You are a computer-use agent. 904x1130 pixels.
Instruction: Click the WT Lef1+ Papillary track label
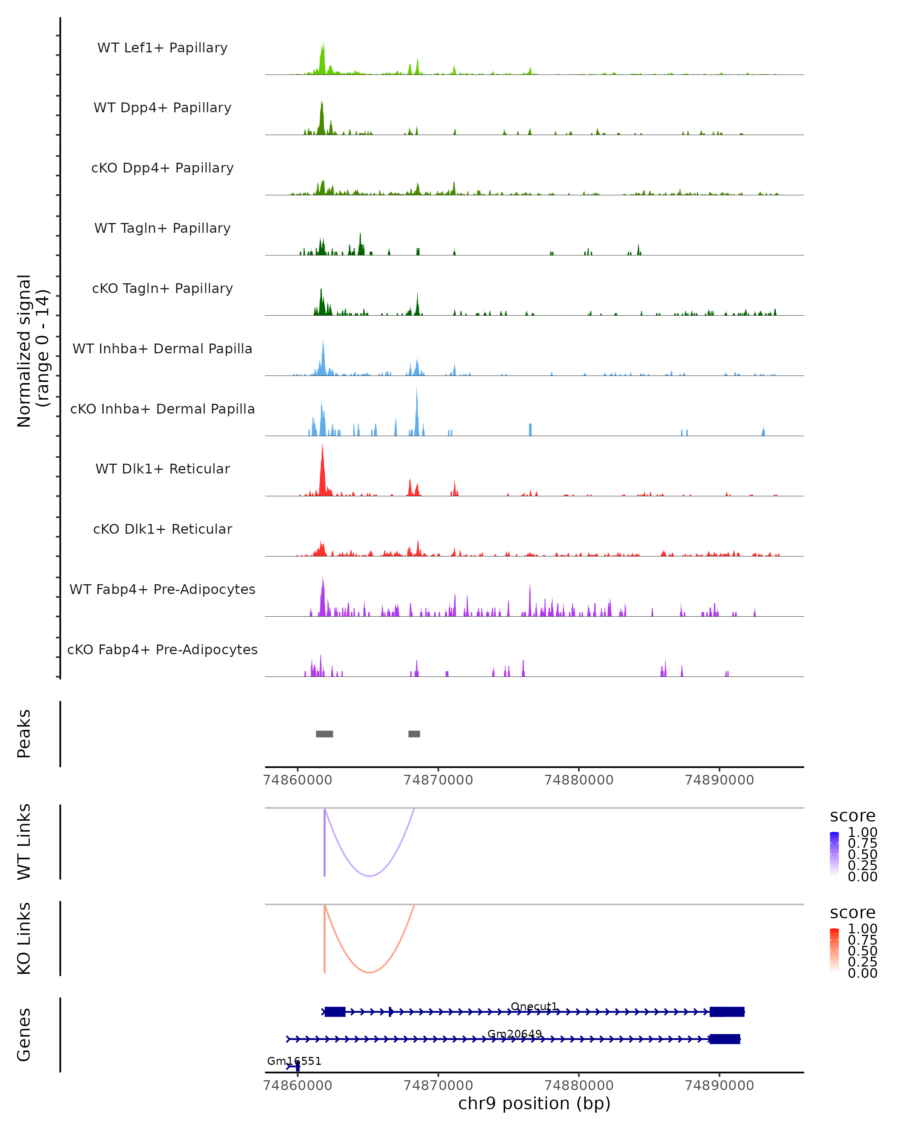pos(162,48)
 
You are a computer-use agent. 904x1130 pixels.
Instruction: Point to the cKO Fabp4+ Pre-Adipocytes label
pos(162,649)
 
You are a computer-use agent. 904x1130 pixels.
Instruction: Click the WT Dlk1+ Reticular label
pos(162,469)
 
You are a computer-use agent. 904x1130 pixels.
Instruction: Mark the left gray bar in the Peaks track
pos(324,734)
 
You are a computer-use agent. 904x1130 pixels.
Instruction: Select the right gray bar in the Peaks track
pos(414,734)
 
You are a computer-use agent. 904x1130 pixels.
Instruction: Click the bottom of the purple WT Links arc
pos(370,876)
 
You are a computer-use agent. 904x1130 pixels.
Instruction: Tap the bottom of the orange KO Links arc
pos(370,972)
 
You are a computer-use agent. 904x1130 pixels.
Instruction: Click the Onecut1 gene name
pos(534,1006)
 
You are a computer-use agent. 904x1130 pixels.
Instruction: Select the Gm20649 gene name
pos(515,1034)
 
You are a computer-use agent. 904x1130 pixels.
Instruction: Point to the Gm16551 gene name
pos(294,1061)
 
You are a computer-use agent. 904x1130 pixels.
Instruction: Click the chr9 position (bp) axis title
pos(534,1103)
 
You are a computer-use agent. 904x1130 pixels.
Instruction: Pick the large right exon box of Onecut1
pos(727,1012)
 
